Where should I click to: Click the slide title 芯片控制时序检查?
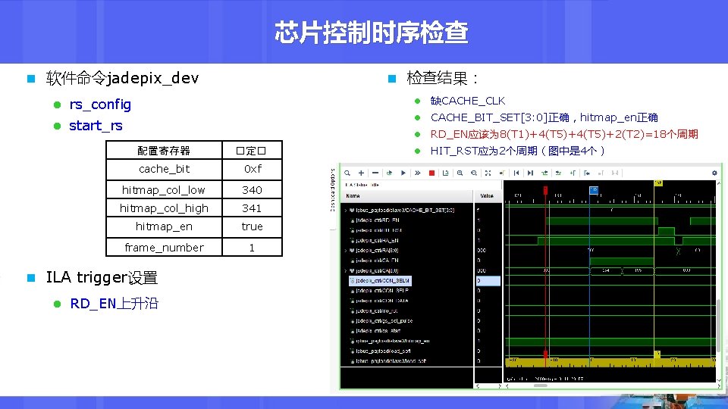pyautogui.click(x=371, y=33)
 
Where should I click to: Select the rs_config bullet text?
pyautogui.click(x=100, y=105)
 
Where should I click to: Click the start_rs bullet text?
pyautogui.click(x=96, y=126)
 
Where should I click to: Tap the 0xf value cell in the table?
pyautogui.click(x=252, y=169)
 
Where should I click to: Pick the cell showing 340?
pyautogui.click(x=252, y=190)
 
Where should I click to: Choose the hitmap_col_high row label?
pyautogui.click(x=164, y=208)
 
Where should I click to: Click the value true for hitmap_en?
pyautogui.click(x=252, y=226)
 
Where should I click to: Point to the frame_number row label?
pyautogui.click(x=164, y=248)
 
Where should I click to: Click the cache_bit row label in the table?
pyautogui.click(x=164, y=169)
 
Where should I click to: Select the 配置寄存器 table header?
pyautogui.click(x=164, y=151)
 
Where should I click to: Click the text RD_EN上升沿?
pyautogui.click(x=114, y=304)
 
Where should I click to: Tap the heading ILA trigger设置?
pyautogui.click(x=102, y=277)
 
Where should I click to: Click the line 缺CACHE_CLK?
pyautogui.click(x=467, y=101)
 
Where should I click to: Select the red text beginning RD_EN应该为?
pyautogui.click(x=563, y=134)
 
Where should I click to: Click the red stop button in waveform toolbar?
pyautogui.click(x=431, y=173)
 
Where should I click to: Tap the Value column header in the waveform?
pyautogui.click(x=487, y=195)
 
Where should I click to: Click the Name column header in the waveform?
pyautogui.click(x=353, y=195)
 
